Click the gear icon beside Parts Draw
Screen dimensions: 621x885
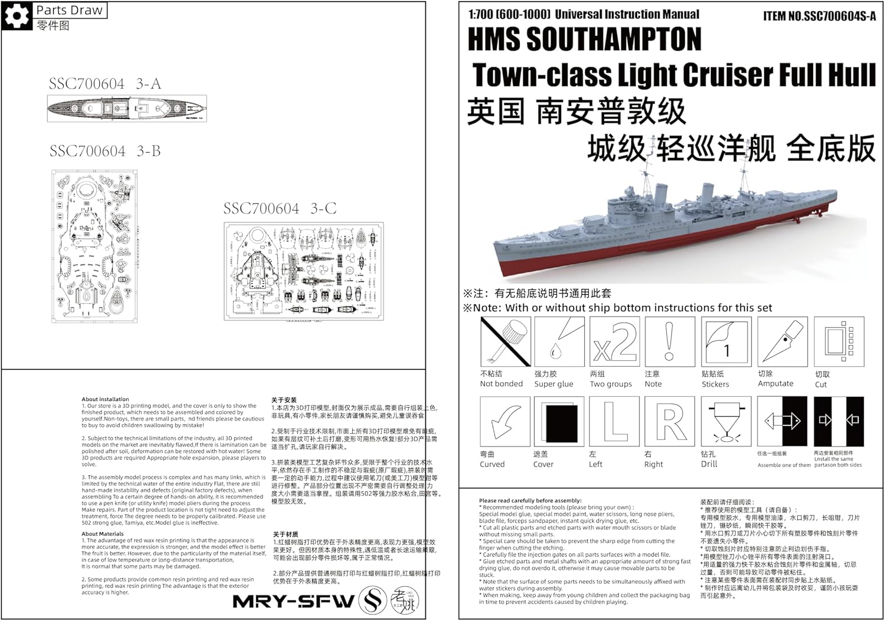17,15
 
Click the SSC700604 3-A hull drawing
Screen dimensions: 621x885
127,109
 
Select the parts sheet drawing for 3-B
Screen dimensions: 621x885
95,246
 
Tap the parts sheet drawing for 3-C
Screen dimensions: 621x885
303,271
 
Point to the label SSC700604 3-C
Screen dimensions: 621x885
280,209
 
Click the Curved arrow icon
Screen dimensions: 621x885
505,421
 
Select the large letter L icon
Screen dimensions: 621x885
614,421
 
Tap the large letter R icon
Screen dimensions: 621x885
670,421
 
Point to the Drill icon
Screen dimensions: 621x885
726,421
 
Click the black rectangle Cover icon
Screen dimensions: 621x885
559,421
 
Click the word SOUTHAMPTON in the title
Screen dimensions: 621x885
614,40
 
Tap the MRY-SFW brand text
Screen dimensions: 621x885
293,602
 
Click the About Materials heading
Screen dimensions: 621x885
103,534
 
